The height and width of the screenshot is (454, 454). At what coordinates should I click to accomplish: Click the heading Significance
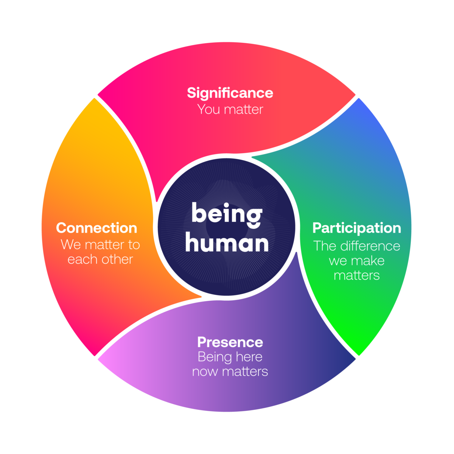230,93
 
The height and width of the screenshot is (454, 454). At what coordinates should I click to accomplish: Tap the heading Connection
96,228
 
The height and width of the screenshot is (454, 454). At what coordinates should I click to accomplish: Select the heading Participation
357,228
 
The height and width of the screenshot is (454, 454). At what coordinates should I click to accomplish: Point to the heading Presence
230,342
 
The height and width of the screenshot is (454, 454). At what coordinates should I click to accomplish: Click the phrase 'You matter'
230,110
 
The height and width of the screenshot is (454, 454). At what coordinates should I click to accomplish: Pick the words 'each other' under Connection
100,260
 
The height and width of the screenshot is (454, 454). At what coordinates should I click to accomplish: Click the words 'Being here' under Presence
230,357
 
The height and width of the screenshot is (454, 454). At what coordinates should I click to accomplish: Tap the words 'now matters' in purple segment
230,372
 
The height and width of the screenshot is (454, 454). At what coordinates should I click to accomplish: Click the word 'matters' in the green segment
357,275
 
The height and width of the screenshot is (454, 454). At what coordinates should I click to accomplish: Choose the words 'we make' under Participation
357,261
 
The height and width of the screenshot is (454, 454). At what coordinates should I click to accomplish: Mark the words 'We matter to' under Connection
100,245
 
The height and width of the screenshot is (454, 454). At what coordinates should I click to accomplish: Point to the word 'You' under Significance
208,110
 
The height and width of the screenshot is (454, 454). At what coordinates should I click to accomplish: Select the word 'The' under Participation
325,246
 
